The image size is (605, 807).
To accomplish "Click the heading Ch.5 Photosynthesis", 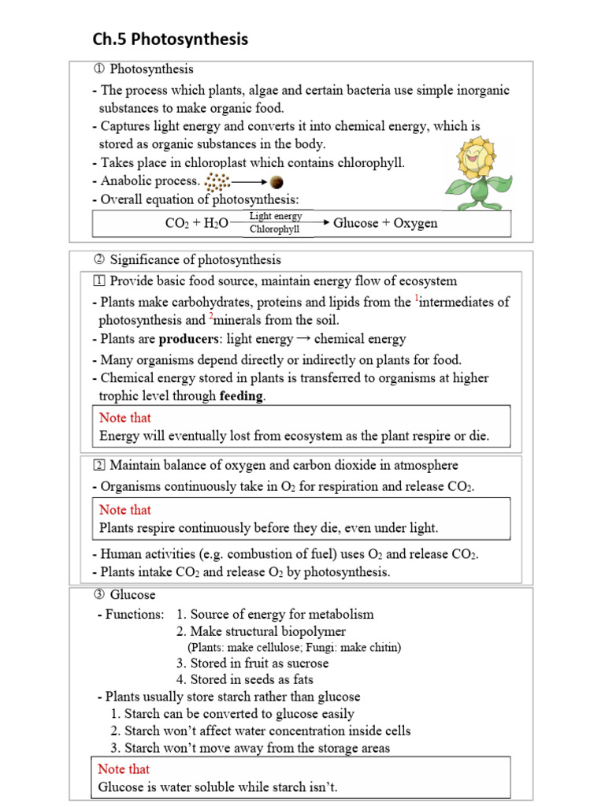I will pos(171,39).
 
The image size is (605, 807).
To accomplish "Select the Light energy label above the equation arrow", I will pos(275,215).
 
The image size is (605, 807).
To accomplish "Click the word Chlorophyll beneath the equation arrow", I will pos(275,230).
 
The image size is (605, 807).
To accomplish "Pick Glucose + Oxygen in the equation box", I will pos(385,223).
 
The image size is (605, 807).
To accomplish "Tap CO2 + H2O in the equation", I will pos(197,224).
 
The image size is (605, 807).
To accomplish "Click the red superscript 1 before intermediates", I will pos(417,298).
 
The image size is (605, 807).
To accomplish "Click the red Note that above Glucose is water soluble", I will pos(124,768).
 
